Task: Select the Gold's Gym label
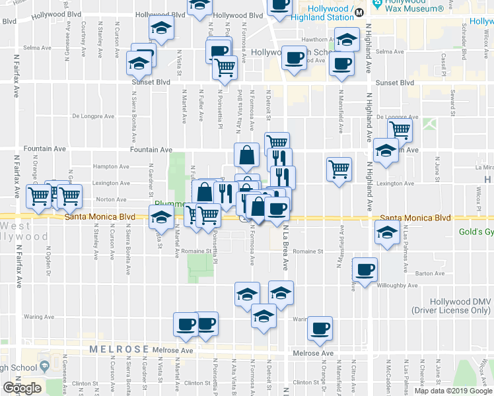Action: click(x=476, y=232)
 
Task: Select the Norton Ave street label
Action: click(x=112, y=199)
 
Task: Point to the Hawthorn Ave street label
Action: click(x=315, y=39)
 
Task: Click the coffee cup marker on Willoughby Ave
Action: click(x=365, y=269)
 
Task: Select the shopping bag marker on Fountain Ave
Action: click(x=246, y=156)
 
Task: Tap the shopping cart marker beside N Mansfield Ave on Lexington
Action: click(x=339, y=169)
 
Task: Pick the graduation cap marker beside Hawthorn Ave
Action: click(x=347, y=40)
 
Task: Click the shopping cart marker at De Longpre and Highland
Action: click(x=400, y=130)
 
